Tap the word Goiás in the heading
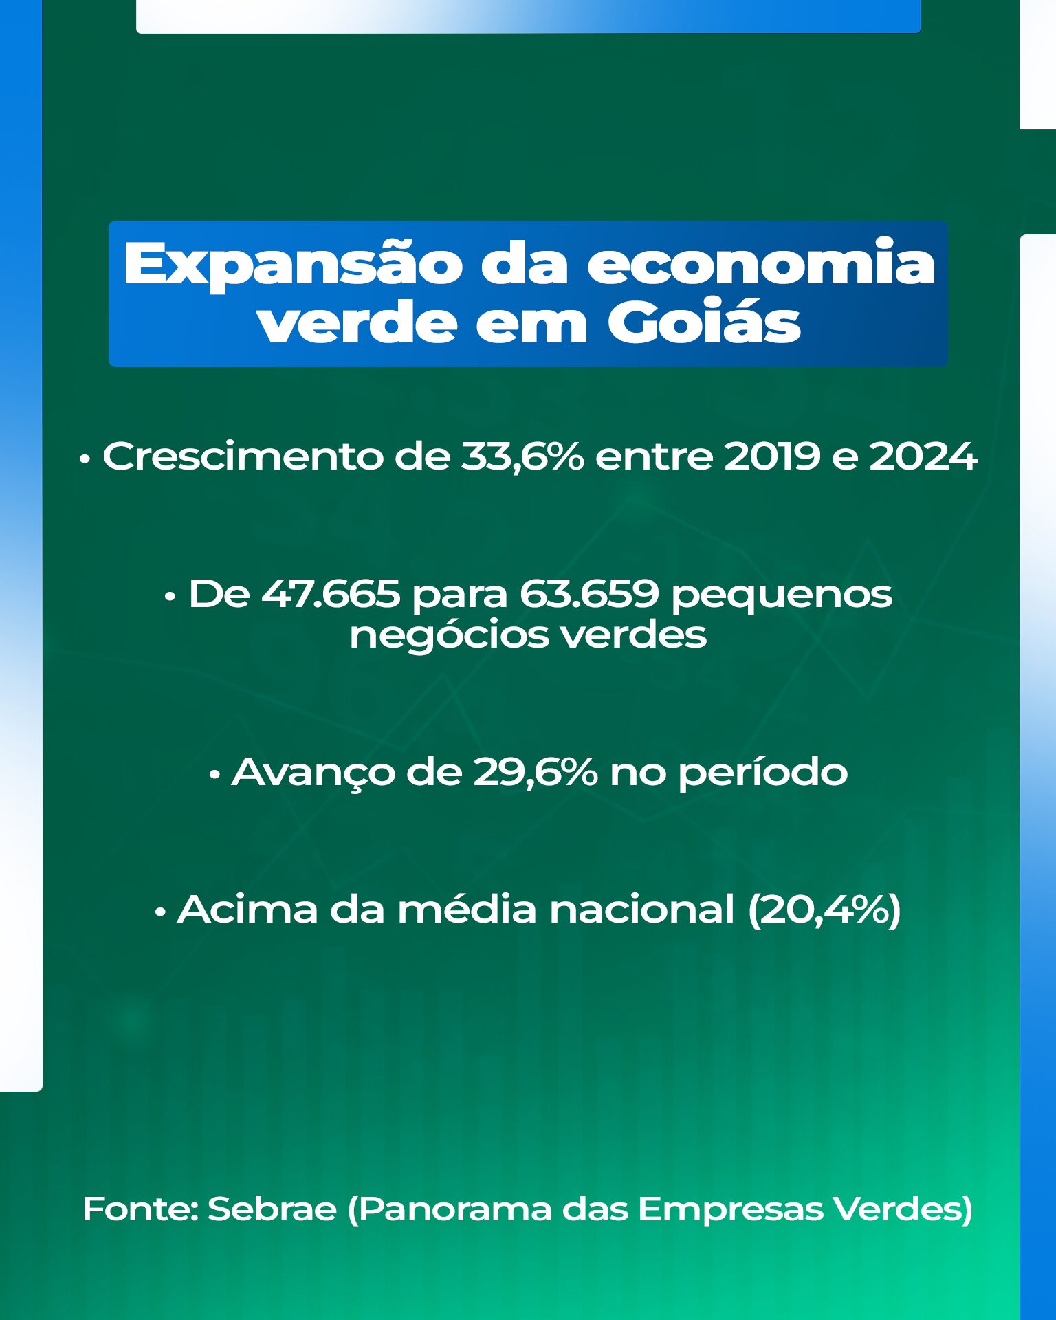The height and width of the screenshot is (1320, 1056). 703,321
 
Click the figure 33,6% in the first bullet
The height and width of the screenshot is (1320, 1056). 522,456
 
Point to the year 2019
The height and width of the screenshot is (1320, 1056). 773,456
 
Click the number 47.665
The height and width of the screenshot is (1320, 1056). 331,593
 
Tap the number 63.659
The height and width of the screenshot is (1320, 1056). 589,593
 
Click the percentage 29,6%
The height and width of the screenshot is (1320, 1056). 536,772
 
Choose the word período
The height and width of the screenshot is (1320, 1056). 763,772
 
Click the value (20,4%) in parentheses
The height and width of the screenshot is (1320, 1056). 824,910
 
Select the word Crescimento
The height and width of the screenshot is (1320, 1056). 243,456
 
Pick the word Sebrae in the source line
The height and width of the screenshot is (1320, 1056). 272,1209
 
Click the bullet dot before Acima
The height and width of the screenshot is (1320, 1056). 160,913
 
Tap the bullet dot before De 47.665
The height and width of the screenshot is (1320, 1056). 170,597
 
